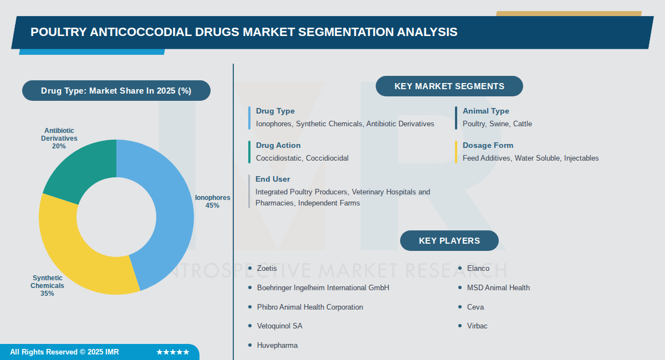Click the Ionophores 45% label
212,202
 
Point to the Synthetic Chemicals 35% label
47,286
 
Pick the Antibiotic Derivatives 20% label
59,138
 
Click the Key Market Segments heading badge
449,86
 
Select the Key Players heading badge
449,241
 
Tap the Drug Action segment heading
278,145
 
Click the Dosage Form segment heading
488,145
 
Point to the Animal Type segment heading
485,111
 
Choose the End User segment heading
273,179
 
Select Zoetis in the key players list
267,268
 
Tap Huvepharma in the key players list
277,345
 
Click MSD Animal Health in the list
498,287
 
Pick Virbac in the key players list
477,326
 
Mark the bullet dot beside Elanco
460,268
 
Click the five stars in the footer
172,352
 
